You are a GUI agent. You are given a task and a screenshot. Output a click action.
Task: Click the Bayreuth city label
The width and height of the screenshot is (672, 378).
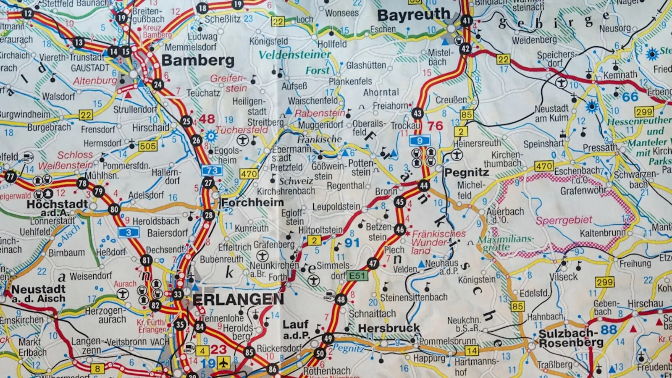(413, 16)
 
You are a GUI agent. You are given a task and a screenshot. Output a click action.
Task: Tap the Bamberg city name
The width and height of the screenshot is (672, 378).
(198, 60)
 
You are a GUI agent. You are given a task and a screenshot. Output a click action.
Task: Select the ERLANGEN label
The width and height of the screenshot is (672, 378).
(238, 299)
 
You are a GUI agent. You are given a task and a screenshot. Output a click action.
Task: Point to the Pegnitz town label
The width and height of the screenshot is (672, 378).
(467, 173)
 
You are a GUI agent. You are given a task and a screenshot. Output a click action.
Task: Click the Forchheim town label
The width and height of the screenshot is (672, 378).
(252, 202)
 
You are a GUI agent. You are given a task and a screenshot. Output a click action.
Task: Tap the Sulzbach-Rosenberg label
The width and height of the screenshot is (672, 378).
(571, 338)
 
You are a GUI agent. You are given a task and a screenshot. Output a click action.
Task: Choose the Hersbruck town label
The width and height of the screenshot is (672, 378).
(388, 328)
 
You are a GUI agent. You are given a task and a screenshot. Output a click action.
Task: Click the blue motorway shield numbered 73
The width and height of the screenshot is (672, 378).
(212, 170)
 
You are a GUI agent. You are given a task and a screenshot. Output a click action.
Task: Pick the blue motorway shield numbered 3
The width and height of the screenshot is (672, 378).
(128, 232)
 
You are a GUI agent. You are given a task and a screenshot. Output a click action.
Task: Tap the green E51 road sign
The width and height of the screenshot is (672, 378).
(357, 276)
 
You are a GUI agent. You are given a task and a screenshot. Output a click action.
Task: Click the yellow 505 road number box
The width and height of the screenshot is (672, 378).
(148, 146)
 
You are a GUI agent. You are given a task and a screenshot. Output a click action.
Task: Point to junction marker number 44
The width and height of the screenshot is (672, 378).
(423, 185)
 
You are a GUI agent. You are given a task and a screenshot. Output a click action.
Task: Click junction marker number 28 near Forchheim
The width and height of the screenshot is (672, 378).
(208, 215)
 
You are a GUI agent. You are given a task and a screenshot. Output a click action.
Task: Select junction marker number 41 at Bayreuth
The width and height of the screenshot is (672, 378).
(466, 21)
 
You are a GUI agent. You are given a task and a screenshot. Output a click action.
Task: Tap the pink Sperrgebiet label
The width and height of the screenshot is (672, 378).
(564, 220)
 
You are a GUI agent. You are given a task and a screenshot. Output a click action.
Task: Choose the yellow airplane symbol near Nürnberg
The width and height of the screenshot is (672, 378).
(223, 362)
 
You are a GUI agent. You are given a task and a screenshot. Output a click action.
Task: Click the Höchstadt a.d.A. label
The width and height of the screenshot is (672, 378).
(57, 208)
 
